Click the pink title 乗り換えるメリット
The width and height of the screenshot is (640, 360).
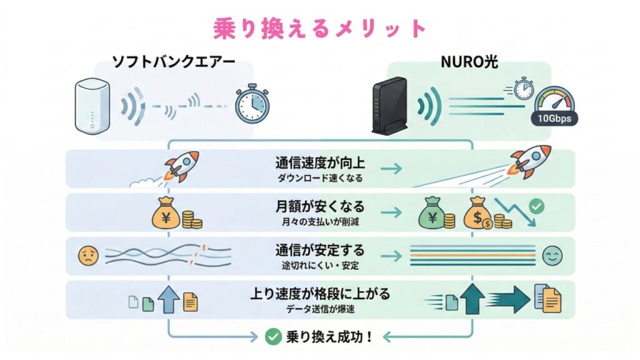coord(319,28)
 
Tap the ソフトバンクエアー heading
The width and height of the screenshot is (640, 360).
coord(173,62)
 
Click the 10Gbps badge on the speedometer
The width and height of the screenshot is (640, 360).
coord(554,117)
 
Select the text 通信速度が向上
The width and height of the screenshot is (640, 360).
coord(319,164)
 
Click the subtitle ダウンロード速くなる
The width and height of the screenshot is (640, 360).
coord(319,178)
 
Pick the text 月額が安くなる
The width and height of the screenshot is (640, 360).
coord(319,206)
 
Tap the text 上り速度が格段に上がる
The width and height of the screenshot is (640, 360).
coord(319,293)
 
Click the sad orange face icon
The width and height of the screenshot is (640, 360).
coord(86,255)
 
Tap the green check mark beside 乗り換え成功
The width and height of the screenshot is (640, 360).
coord(272,337)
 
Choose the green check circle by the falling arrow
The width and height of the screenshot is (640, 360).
coord(536,205)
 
